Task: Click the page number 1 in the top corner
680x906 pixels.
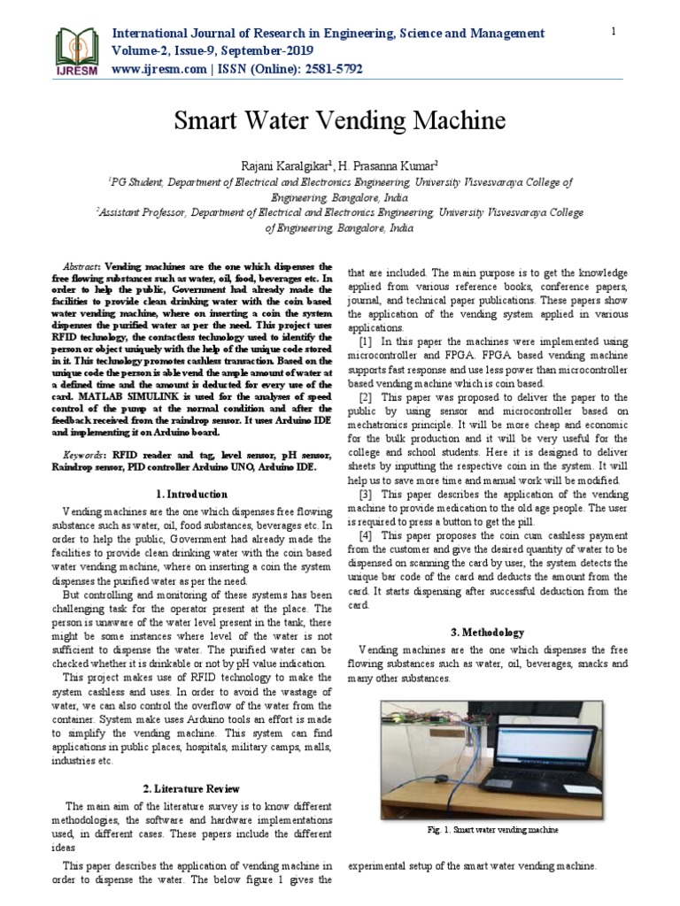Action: (612, 32)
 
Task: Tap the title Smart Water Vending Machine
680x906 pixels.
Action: (339, 120)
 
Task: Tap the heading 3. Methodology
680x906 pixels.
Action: (488, 633)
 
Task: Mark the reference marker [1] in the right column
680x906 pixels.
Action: (365, 342)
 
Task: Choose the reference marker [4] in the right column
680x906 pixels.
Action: (365, 536)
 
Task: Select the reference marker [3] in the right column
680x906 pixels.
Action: (365, 494)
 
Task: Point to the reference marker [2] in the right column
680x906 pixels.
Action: (365, 397)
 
